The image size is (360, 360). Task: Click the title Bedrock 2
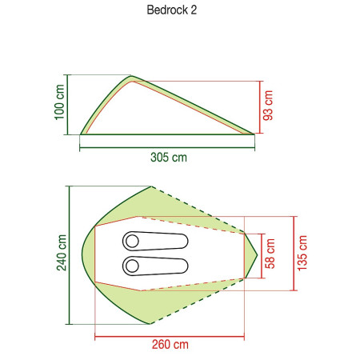click(x=172, y=10)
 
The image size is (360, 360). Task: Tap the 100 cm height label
click(x=59, y=102)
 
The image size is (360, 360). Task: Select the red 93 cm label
click(x=268, y=106)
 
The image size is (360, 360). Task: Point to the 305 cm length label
click(x=169, y=157)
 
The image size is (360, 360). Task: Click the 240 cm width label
click(x=62, y=253)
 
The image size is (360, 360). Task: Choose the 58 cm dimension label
click(x=270, y=254)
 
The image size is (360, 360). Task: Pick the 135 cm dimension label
click(x=302, y=253)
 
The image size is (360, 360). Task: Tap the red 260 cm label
click(x=170, y=344)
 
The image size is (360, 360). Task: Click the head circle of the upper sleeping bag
click(x=132, y=241)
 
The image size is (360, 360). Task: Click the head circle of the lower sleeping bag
click(x=132, y=266)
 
